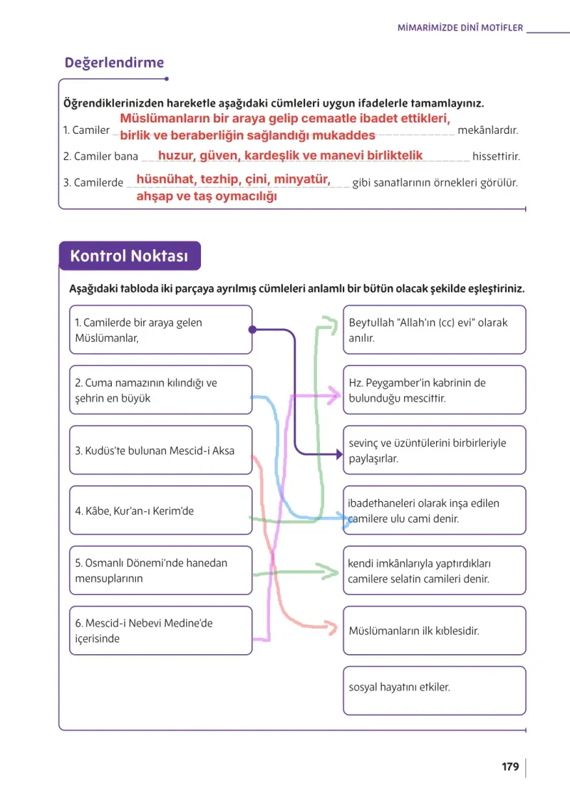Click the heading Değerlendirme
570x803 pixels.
coord(114,63)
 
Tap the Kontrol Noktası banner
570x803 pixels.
coord(130,256)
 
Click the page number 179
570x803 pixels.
coord(510,767)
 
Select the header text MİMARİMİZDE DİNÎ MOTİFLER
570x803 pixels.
coord(460,28)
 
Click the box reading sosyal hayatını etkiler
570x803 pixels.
coord(434,691)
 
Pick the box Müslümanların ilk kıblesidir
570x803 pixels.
coord(434,631)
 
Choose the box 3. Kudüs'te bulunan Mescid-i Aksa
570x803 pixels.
coord(160,450)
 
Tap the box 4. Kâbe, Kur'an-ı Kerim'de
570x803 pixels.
coord(160,510)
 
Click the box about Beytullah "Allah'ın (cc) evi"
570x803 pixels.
coord(434,330)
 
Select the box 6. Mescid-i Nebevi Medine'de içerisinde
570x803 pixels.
coord(160,631)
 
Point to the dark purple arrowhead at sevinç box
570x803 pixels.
coord(339,453)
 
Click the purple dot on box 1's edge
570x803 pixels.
coord(252,330)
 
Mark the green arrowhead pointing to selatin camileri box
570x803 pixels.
coord(331,571)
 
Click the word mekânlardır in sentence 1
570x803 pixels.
coord(487,130)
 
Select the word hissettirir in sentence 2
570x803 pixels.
coord(496,156)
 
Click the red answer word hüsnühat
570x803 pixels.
coord(165,179)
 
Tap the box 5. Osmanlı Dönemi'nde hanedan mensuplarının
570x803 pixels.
coord(160,570)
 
